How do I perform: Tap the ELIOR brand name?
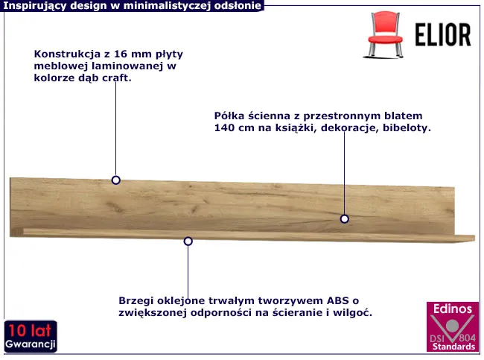tap(443, 35)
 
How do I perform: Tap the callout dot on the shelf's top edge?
tap(115, 180)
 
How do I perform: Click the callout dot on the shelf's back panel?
tap(345, 219)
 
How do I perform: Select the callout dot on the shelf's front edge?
tap(188, 241)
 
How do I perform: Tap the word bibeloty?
tap(407, 127)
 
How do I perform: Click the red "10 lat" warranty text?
tap(30, 330)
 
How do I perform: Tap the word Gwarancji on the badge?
tap(30, 344)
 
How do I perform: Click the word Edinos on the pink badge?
tap(453, 309)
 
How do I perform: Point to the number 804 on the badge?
tap(467, 338)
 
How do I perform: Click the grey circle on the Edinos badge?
tap(452, 326)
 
